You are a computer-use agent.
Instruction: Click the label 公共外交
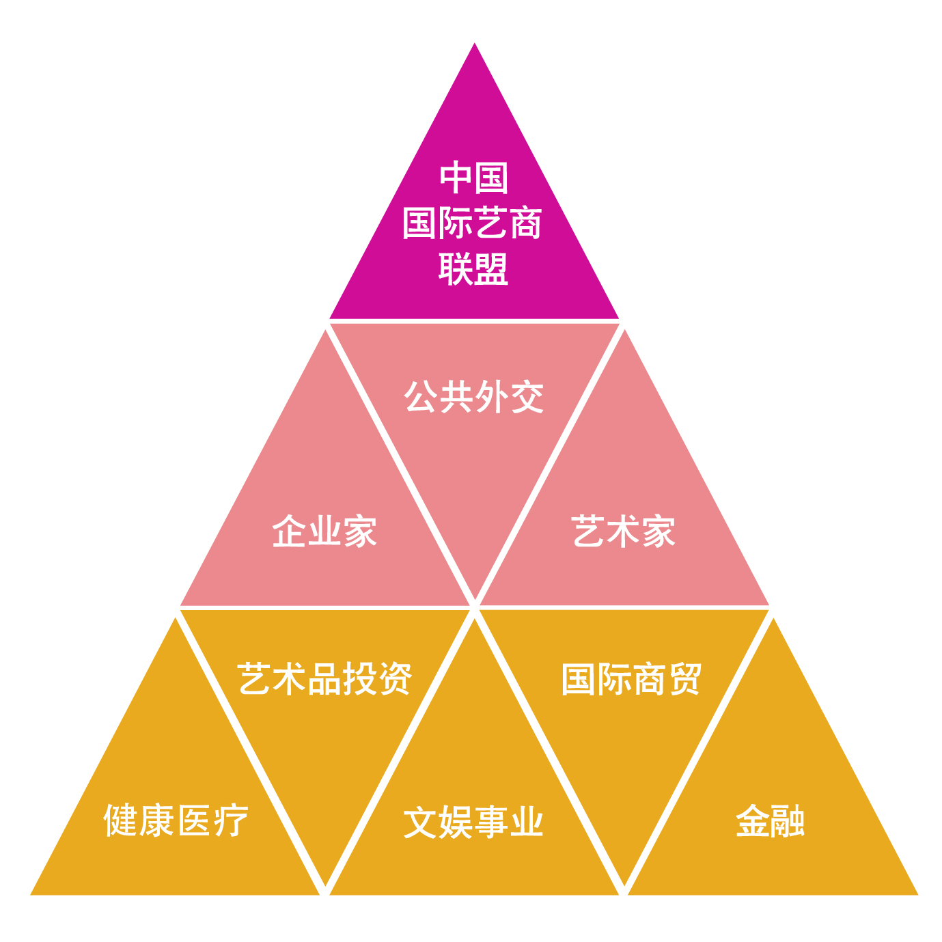[473, 396]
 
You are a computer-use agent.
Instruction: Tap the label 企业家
[324, 530]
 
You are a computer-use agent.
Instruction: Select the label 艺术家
[623, 530]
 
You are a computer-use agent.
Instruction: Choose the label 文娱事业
[473, 822]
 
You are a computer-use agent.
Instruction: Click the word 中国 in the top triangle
[473, 178]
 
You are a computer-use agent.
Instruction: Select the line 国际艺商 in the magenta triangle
[472, 223]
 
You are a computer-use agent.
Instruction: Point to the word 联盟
[473, 268]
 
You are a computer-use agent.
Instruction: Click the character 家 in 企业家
[360, 530]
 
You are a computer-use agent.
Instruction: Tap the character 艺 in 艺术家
[587, 530]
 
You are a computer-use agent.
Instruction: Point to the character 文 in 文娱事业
[420, 822]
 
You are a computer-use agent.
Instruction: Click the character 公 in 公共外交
[421, 396]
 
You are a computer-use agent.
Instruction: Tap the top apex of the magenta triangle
[474, 44]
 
